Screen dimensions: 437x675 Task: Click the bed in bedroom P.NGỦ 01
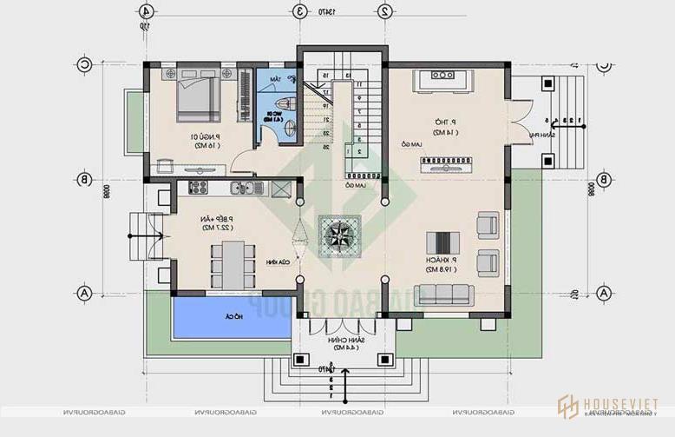199,96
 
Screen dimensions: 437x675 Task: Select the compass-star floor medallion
337,235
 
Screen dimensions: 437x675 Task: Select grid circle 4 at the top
147,11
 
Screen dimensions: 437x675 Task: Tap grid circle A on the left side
84,293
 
